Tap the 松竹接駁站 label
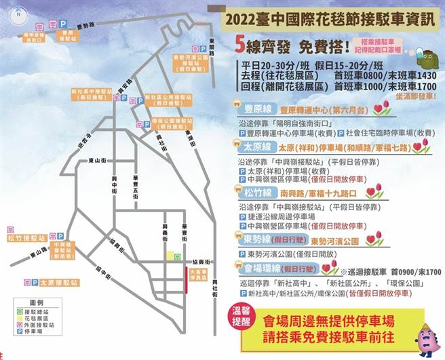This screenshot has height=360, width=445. [27, 239]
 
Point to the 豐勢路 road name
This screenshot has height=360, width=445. [88, 26]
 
